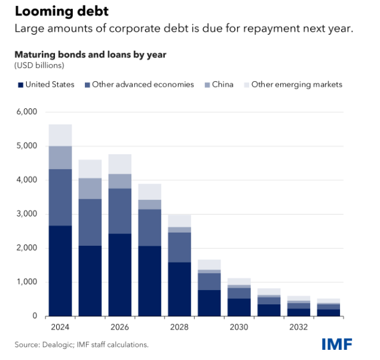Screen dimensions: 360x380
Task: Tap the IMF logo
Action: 337,344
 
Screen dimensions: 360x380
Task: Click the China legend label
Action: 222,85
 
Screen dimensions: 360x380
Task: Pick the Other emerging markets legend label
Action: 296,85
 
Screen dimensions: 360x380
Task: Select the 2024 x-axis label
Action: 60,327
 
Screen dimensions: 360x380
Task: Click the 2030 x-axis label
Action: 239,327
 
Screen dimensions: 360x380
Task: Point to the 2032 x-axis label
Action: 299,327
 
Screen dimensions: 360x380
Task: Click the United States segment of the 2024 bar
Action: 60,270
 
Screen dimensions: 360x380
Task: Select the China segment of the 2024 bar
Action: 60,157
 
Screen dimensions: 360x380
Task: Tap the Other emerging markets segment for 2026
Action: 119,164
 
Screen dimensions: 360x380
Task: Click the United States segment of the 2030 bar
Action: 239,307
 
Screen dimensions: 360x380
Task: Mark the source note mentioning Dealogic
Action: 81,344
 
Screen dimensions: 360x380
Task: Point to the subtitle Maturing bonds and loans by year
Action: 90,54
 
